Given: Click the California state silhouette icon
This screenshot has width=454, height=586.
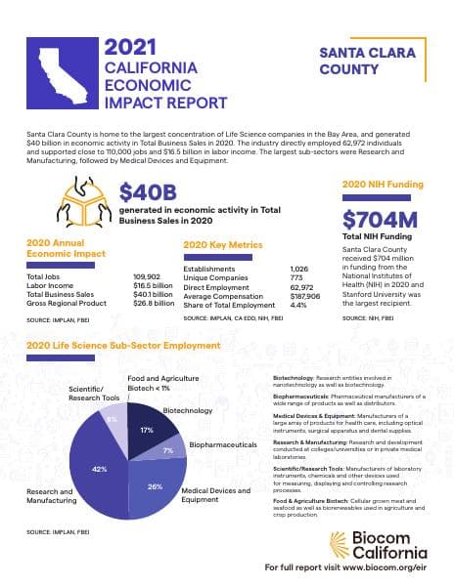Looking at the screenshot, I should pos(63,75).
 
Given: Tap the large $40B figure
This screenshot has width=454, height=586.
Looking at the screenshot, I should pos(150,193).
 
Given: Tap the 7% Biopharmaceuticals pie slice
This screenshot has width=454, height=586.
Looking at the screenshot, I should pos(169,450).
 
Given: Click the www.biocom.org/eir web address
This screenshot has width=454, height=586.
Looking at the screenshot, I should pos(386,566).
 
